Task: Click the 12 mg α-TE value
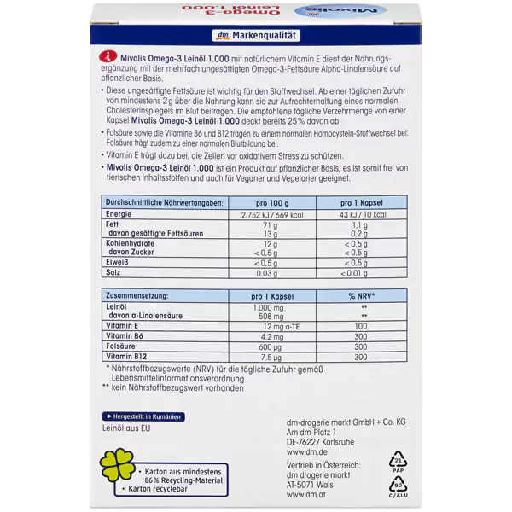271,326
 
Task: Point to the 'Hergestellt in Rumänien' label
142,416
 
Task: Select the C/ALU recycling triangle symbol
396,485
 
